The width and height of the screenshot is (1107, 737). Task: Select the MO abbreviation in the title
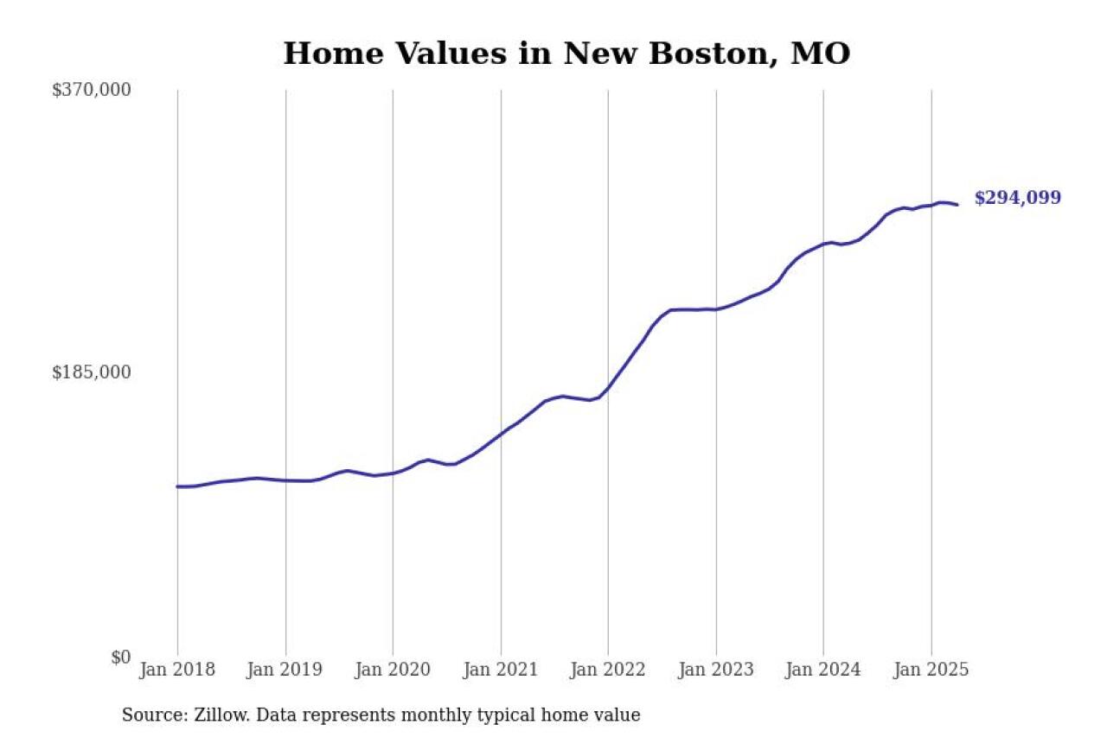(822, 54)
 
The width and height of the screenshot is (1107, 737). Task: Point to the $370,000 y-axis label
(92, 90)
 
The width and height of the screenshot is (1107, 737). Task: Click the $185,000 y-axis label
(92, 372)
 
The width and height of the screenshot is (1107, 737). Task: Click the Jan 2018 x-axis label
(177, 670)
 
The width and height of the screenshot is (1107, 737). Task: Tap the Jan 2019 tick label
(285, 670)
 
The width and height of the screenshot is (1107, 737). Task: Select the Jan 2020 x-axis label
(393, 670)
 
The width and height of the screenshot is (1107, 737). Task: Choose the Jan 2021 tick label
(501, 670)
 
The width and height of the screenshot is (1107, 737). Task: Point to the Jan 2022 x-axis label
(608, 670)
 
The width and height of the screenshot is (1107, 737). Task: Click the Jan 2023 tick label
(716, 670)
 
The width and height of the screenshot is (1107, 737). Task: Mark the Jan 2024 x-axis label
(823, 670)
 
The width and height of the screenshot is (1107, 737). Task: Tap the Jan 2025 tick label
(931, 670)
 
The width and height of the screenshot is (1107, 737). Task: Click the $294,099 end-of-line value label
(1017, 198)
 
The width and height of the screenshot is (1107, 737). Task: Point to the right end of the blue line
(957, 204)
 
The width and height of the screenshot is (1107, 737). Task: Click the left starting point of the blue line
(177, 486)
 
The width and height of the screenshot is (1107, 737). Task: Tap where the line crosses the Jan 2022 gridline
(608, 388)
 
